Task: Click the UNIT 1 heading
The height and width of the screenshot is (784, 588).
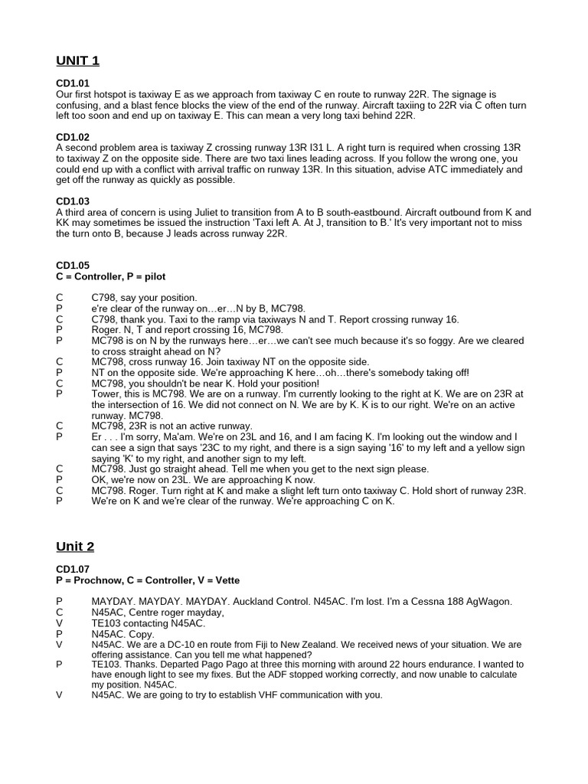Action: [77, 60]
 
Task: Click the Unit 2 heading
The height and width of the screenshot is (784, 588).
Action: [75, 547]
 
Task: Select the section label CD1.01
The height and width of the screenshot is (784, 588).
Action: [73, 83]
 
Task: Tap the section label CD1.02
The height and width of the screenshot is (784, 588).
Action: [73, 138]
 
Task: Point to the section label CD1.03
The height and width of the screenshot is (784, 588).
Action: [73, 202]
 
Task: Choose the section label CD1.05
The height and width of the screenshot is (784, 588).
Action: [73, 266]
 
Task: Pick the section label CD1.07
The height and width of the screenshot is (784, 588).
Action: [73, 570]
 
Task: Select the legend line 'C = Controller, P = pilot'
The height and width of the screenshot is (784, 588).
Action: [111, 276]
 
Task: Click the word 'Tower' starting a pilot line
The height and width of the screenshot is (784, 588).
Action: [106, 394]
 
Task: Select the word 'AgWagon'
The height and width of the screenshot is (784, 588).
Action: [487, 602]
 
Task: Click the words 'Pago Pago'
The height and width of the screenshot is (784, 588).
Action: [206, 665]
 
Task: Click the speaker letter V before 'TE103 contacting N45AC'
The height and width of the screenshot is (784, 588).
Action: [59, 623]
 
